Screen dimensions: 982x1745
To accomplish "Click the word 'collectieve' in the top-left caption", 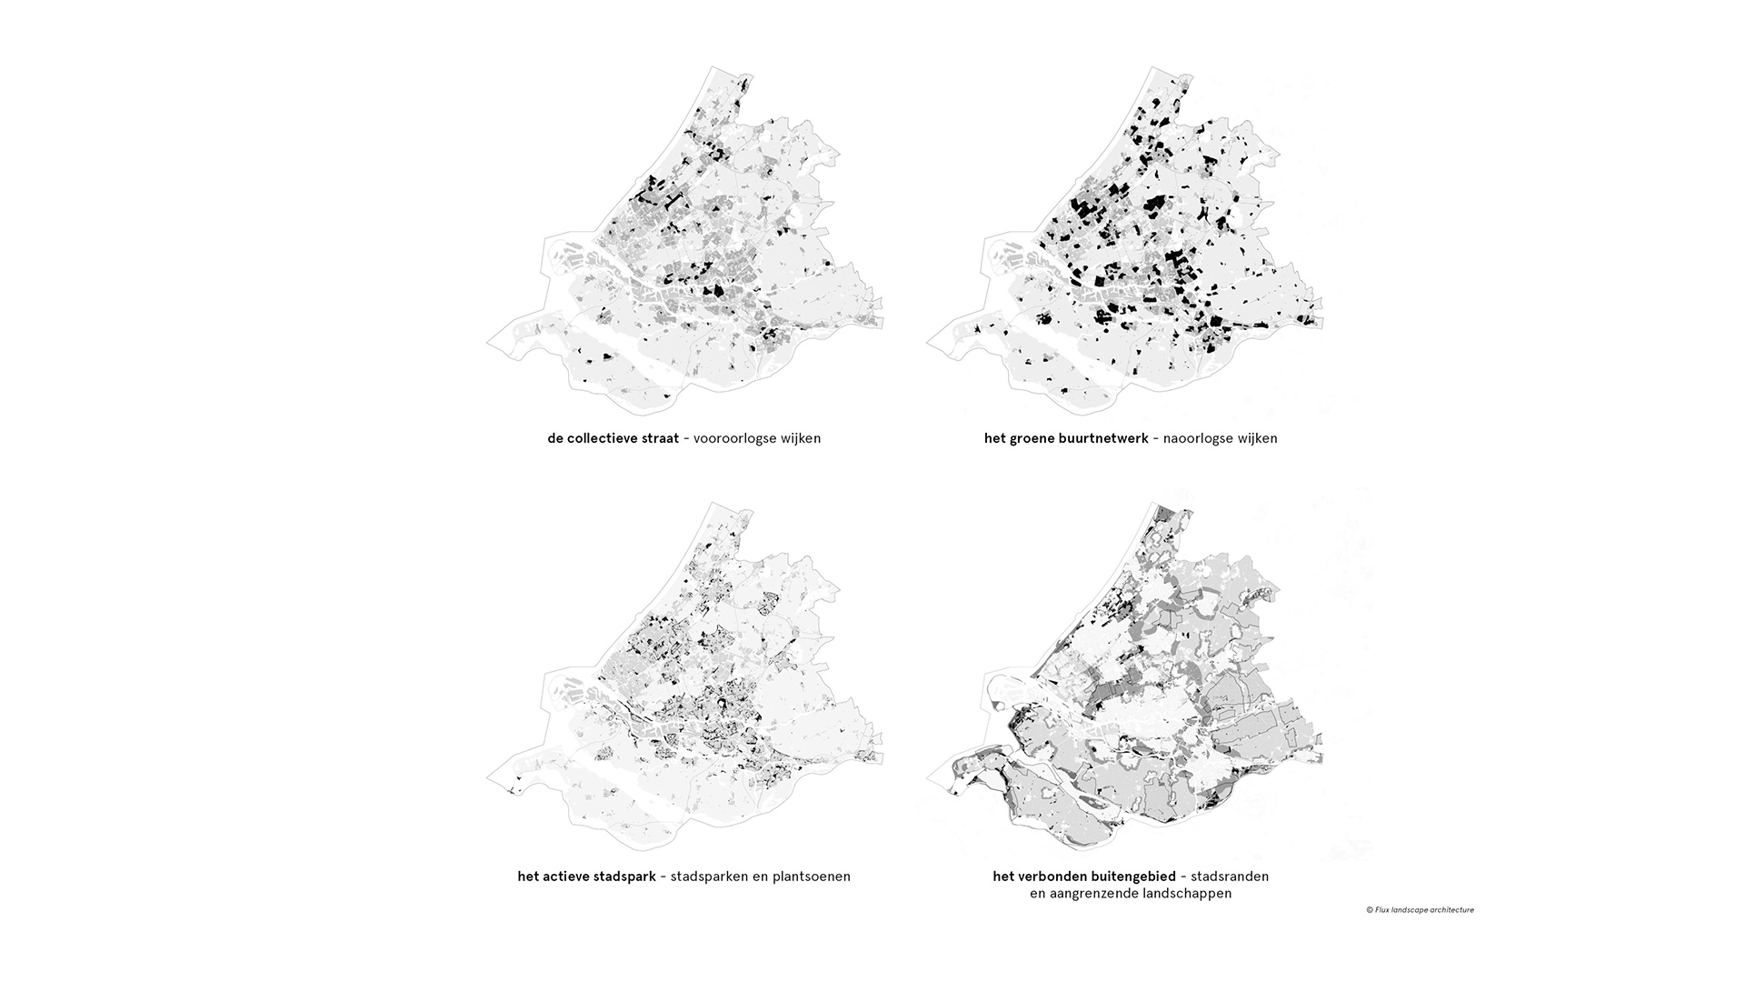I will coord(603,438).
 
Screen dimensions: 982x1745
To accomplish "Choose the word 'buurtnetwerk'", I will coord(1103,438).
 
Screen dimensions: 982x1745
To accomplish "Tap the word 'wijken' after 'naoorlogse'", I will coord(1257,438).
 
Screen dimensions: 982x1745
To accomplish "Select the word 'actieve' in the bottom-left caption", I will coord(568,877).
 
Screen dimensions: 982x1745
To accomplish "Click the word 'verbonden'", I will coord(1049,877).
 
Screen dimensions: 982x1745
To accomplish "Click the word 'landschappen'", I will coord(1186,894).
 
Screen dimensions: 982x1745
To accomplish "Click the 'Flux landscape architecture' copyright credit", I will coord(1420,909).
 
